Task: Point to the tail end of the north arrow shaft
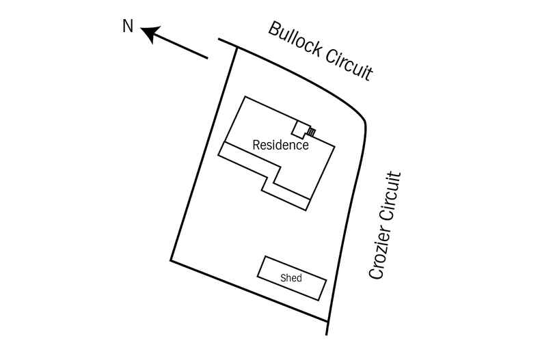(x=206, y=57)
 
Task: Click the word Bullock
(x=295, y=42)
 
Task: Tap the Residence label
(x=281, y=145)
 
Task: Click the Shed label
(x=291, y=278)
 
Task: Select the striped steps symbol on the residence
(x=311, y=132)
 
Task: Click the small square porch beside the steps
(x=299, y=128)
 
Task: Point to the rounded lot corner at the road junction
(x=364, y=123)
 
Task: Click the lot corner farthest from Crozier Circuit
(x=171, y=261)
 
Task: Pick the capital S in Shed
(x=283, y=278)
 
